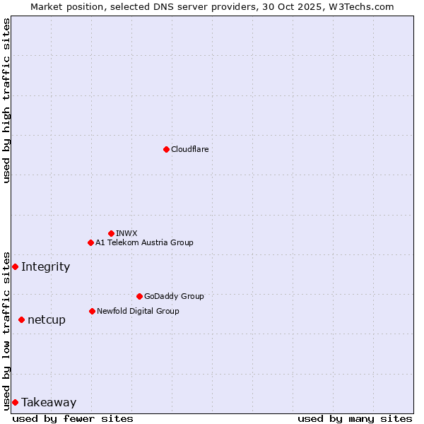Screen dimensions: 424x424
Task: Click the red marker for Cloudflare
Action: point(166,149)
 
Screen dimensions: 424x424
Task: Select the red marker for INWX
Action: point(111,233)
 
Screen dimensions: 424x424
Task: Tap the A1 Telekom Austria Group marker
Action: point(90,242)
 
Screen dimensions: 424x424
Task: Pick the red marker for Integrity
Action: point(15,266)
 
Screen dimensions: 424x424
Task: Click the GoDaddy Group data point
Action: point(139,296)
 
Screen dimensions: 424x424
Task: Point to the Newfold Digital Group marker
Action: point(92,311)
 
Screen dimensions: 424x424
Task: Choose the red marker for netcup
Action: point(21,319)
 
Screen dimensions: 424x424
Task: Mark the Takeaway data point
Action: point(15,402)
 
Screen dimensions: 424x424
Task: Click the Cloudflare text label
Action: point(189,149)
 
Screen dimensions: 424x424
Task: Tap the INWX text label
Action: point(126,233)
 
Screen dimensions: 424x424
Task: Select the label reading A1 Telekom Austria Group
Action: point(144,242)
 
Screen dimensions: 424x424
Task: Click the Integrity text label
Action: point(45,266)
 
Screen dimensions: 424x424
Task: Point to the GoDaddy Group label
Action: point(174,296)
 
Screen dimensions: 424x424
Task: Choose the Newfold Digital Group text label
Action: point(138,311)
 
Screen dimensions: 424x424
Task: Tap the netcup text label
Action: point(47,319)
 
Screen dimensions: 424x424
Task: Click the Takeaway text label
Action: point(49,402)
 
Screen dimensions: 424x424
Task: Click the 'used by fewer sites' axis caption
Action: point(73,418)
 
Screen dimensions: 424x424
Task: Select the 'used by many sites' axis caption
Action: point(355,418)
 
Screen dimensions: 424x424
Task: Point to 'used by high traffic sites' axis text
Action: point(6,100)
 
